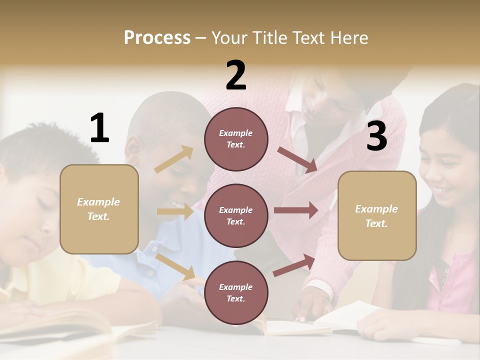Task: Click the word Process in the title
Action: (x=157, y=37)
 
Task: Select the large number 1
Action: (x=99, y=128)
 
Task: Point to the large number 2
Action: (x=236, y=75)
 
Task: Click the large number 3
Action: (x=376, y=136)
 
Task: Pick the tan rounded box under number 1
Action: (x=99, y=209)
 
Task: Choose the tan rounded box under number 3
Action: (x=377, y=215)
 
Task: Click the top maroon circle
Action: (x=236, y=139)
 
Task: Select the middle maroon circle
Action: (x=236, y=215)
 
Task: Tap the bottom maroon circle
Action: (x=236, y=292)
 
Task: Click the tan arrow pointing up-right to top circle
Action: (x=174, y=159)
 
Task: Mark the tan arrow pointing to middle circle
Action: (x=175, y=211)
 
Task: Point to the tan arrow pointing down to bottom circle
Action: (x=175, y=266)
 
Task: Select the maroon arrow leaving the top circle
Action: (x=297, y=159)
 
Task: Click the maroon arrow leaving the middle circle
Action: (x=296, y=210)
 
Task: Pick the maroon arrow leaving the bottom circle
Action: (x=294, y=265)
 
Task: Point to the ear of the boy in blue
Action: (x=133, y=147)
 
